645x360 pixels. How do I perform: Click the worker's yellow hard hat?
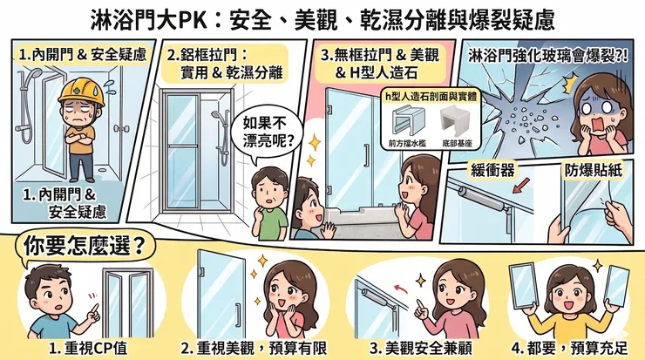[80, 92]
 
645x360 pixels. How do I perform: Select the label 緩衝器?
[492, 170]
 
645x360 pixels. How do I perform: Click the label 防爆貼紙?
[593, 170]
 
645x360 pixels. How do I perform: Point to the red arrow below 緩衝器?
[520, 185]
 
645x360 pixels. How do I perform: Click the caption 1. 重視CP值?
[88, 349]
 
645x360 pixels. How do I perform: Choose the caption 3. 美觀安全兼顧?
[420, 349]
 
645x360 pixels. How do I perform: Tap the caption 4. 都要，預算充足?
[570, 349]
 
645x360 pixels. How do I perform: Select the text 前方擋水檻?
[407, 144]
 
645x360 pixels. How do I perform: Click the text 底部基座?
[457, 144]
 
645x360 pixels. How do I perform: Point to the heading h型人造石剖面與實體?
[431, 96]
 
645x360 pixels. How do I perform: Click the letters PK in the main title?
[193, 20]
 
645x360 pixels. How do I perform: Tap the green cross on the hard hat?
[77, 92]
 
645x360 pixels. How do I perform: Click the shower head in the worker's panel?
[36, 73]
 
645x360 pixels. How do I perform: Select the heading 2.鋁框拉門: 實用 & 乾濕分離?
[225, 64]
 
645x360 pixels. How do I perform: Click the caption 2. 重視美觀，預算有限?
[254, 349]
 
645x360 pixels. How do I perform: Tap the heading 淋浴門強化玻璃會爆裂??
[548, 57]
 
